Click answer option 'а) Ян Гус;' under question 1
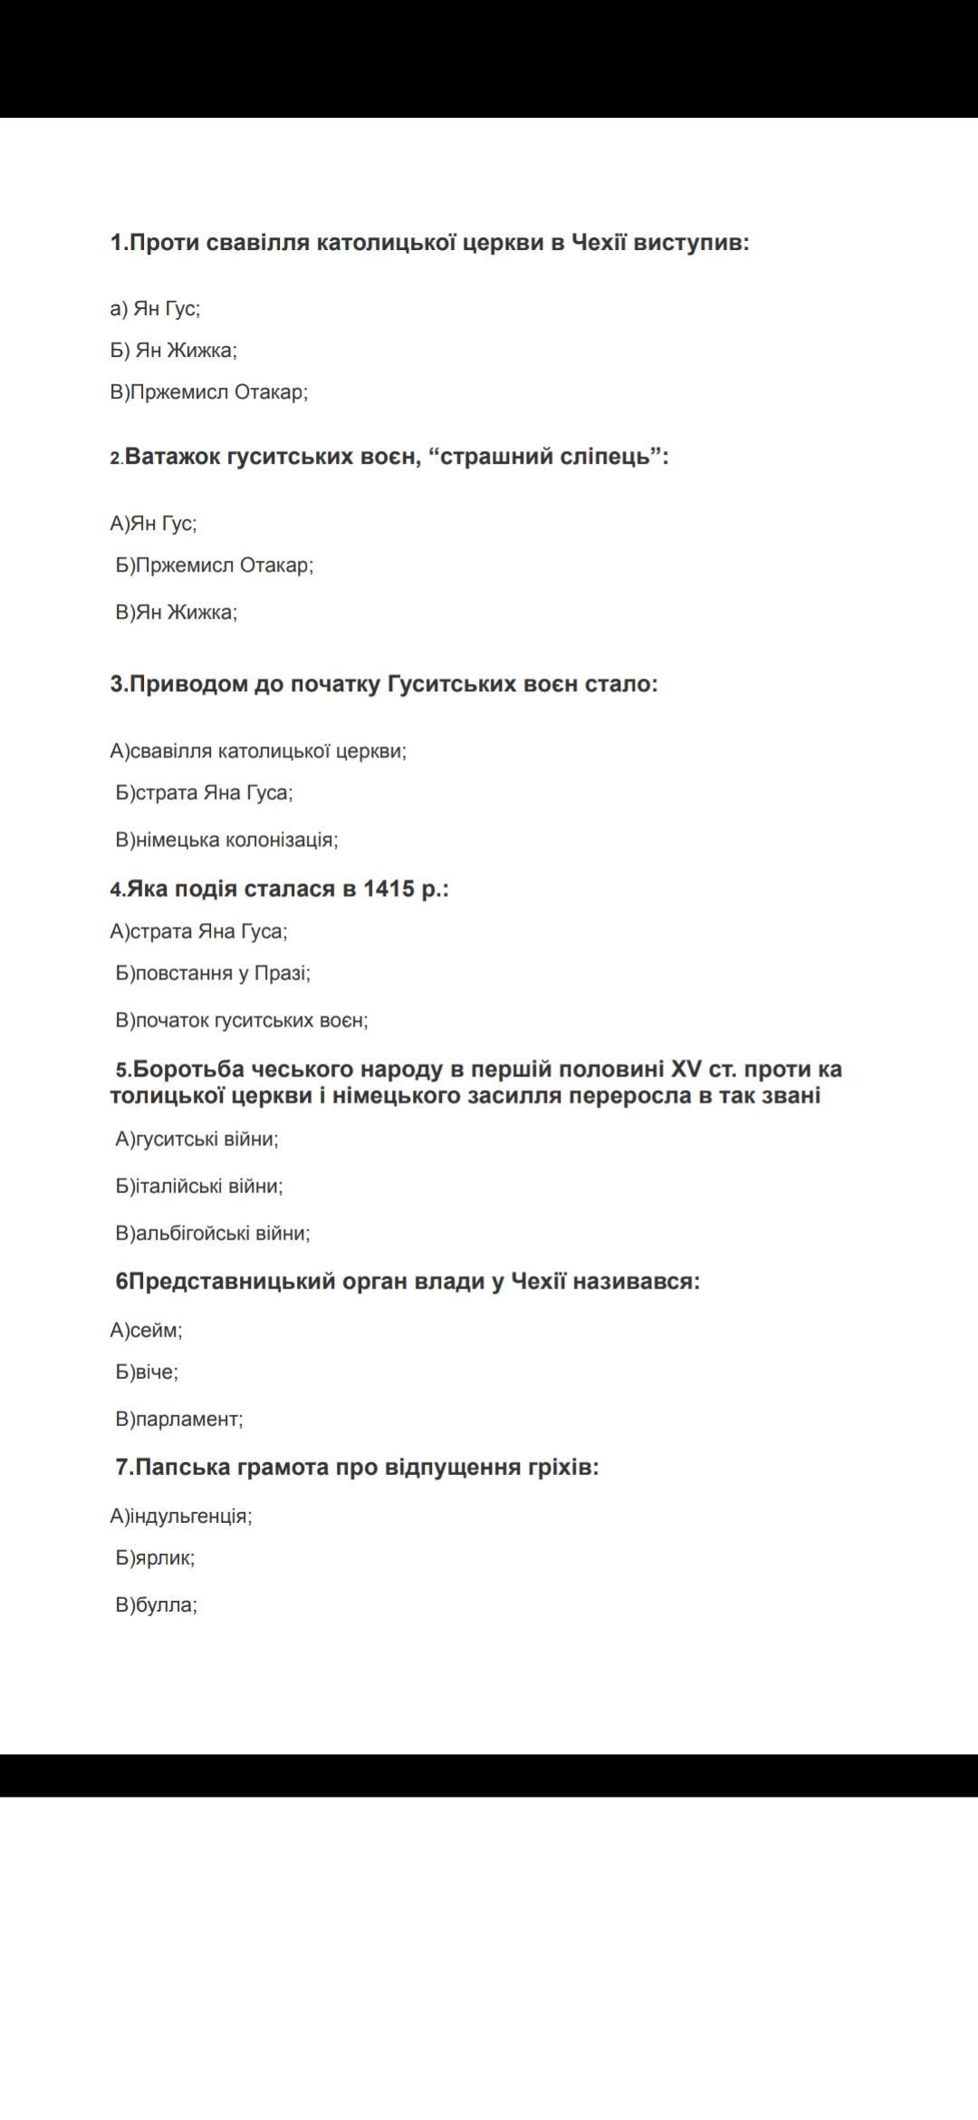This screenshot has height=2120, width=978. tap(155, 309)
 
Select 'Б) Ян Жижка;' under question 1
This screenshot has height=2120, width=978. tap(174, 351)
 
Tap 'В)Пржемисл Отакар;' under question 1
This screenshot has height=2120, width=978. tap(209, 392)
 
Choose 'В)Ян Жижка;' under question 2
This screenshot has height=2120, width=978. tap(177, 612)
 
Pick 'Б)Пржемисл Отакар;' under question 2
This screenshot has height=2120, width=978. tap(215, 565)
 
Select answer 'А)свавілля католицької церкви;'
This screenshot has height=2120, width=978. tap(258, 751)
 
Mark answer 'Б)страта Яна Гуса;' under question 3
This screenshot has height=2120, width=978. tap(205, 793)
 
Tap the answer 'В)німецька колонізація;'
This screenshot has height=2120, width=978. tap(227, 840)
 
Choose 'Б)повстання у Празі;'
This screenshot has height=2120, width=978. tap(213, 973)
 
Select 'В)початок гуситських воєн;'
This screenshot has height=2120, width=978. tap(242, 1020)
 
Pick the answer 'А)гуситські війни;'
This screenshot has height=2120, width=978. tap(197, 1139)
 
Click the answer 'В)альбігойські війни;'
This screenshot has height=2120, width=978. tap(213, 1233)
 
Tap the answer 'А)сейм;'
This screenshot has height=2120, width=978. tap(147, 1330)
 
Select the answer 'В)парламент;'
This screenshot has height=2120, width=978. tap(179, 1419)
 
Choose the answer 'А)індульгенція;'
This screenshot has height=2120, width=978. tap(181, 1516)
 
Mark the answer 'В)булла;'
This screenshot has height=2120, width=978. tap(157, 1604)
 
